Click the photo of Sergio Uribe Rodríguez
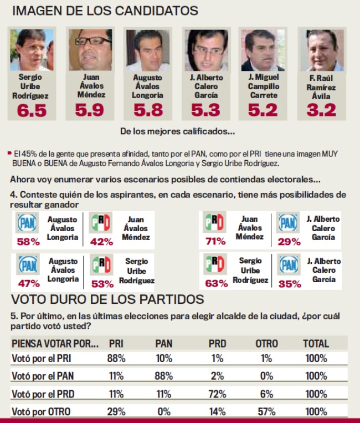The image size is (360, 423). [x=32, y=49]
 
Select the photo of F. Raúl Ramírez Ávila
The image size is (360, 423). [x=322, y=49]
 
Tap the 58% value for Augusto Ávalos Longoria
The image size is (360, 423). [x=28, y=242]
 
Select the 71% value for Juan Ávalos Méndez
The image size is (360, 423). [x=215, y=242]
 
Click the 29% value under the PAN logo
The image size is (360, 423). [x=289, y=242]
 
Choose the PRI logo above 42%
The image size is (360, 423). [x=101, y=224]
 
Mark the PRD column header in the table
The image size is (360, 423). [x=217, y=344]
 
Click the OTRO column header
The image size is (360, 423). [x=266, y=344]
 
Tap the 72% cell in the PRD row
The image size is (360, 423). [x=217, y=395]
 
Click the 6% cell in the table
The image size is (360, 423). [x=266, y=395]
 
